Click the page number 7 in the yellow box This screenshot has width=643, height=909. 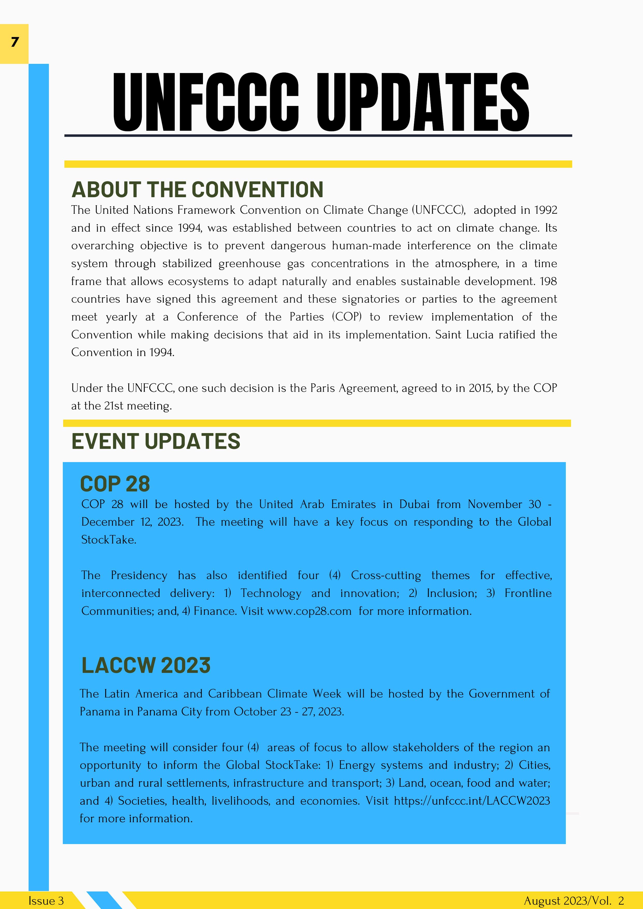15,42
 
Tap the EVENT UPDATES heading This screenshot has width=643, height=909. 156,441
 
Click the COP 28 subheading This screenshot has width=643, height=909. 115,484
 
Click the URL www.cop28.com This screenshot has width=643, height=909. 309,611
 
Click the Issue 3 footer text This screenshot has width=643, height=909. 46,901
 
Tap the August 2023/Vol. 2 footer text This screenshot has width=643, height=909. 574,901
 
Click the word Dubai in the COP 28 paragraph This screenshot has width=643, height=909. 414,504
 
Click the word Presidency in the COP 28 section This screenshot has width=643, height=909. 139,575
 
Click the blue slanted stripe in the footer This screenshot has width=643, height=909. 104,900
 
